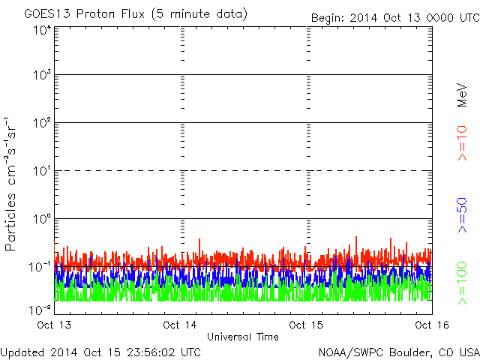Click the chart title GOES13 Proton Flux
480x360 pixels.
click(136, 13)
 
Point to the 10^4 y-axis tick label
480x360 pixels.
click(41, 30)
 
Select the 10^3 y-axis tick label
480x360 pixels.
click(41, 76)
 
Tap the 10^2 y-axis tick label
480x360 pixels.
click(41, 124)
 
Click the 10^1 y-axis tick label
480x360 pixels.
click(41, 172)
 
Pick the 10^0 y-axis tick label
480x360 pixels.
click(41, 220)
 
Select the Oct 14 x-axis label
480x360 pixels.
click(181, 325)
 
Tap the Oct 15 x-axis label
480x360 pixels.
click(306, 325)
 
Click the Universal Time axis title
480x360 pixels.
click(243, 337)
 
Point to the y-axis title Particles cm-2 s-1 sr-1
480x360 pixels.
click(13, 184)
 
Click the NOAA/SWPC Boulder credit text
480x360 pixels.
click(398, 352)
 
